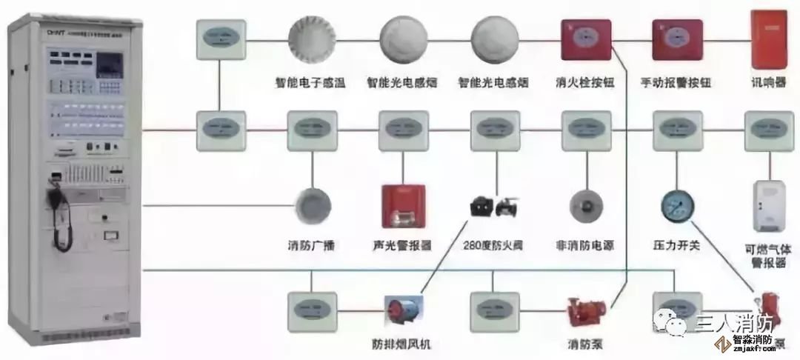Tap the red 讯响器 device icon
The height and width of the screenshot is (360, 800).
[767, 36]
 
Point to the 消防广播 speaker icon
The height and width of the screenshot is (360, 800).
[311, 203]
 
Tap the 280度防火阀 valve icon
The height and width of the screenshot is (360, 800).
[493, 207]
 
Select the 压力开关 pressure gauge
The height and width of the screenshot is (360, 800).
[676, 204]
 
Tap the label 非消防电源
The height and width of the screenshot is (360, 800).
[584, 245]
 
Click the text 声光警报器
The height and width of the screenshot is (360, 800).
[402, 245]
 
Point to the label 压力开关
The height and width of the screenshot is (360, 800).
[676, 245]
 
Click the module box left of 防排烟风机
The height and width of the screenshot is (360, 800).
[311, 310]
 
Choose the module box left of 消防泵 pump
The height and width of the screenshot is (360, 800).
[493, 310]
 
